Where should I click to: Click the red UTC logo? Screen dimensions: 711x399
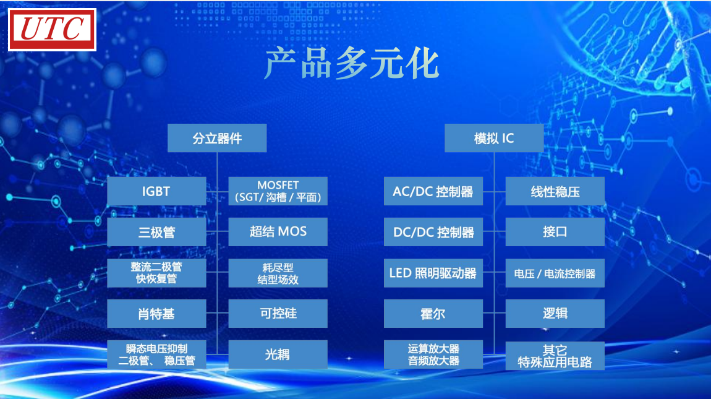(x=52, y=30)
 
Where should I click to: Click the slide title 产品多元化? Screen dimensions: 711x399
(x=352, y=64)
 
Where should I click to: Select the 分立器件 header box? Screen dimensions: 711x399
(x=217, y=138)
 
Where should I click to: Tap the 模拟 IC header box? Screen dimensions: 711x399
(x=494, y=138)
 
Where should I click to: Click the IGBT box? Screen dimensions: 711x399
(x=156, y=191)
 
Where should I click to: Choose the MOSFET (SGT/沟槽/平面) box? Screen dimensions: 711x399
(x=278, y=191)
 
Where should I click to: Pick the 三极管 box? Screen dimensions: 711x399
(x=156, y=232)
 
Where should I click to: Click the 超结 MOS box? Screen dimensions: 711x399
(x=278, y=232)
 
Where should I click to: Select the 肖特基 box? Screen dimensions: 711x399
(x=156, y=314)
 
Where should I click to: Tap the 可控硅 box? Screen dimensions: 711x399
(x=278, y=314)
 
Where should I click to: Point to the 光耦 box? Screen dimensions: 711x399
(x=278, y=354)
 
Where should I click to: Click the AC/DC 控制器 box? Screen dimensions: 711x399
(x=433, y=191)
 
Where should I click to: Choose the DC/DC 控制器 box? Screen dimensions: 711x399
(x=433, y=232)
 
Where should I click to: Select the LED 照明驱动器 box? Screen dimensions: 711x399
(x=433, y=273)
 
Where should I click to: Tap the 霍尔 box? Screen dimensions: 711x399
(x=433, y=314)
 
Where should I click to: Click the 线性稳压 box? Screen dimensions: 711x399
(x=555, y=191)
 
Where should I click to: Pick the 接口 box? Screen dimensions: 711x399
(x=555, y=232)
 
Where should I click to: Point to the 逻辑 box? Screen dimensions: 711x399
(x=555, y=314)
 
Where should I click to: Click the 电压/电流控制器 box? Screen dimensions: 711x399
(x=555, y=273)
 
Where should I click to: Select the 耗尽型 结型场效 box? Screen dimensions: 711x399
(x=278, y=273)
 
